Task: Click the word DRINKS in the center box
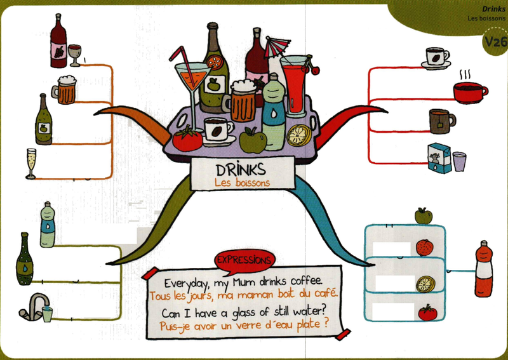241,169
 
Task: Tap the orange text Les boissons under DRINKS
242,183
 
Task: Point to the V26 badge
495,41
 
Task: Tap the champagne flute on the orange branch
30,164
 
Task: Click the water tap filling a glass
36,308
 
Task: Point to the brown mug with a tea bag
442,121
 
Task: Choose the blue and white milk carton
439,159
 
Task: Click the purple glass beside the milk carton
459,162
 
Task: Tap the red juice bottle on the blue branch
484,269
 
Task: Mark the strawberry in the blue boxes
424,248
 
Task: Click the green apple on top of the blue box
424,216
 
